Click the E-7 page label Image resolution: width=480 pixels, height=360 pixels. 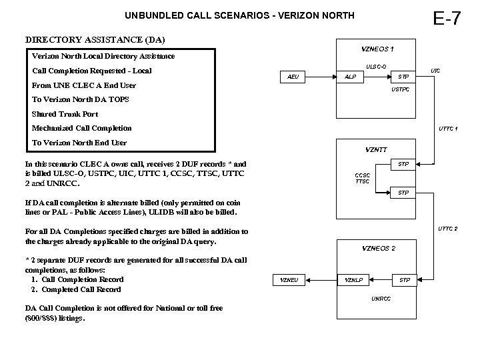[446, 18]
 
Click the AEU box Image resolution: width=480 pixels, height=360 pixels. [293, 77]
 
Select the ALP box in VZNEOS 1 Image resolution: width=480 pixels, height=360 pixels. [350, 77]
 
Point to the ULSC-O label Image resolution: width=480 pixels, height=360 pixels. [375, 66]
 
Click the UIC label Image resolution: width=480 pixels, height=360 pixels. [435, 70]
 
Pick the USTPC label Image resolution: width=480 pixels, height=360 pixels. [401, 89]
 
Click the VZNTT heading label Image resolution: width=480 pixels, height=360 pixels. [376, 150]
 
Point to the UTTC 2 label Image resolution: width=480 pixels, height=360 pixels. [447, 229]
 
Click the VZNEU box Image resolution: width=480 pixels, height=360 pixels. [289, 280]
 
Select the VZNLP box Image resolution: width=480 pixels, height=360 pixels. [353, 280]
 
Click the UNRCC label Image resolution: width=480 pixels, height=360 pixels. [381, 299]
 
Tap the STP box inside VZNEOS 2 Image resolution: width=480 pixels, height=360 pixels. [405, 280]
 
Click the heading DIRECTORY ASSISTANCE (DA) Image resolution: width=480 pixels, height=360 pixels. [95, 39]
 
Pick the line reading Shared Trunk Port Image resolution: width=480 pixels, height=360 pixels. [65, 114]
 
